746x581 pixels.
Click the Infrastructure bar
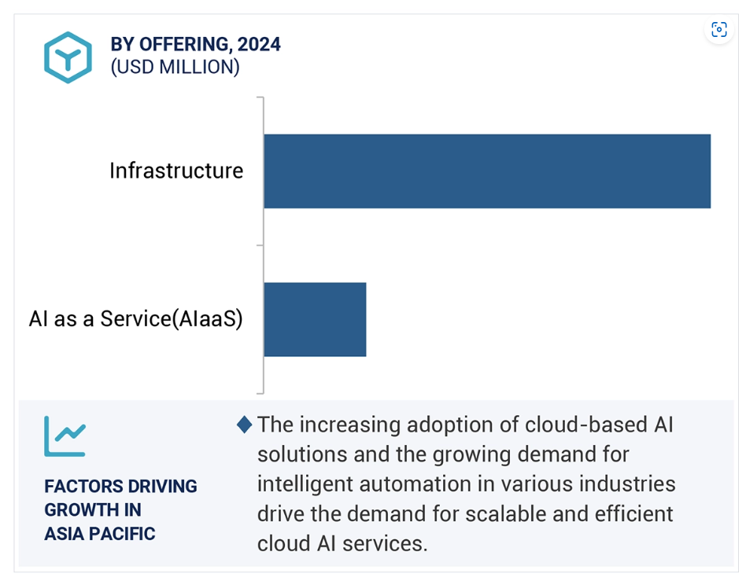tap(487, 171)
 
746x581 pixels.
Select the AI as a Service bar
tap(315, 319)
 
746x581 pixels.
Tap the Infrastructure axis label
tap(176, 171)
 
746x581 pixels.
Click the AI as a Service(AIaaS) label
tap(135, 319)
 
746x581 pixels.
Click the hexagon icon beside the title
tap(68, 57)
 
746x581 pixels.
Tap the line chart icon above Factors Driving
tap(65, 436)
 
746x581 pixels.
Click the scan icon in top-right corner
tap(719, 29)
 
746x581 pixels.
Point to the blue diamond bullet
tap(245, 425)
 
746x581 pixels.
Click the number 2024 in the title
tap(259, 44)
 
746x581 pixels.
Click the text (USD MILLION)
tap(175, 67)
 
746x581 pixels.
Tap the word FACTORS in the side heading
tap(83, 487)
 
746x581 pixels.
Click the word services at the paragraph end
tap(385, 543)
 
